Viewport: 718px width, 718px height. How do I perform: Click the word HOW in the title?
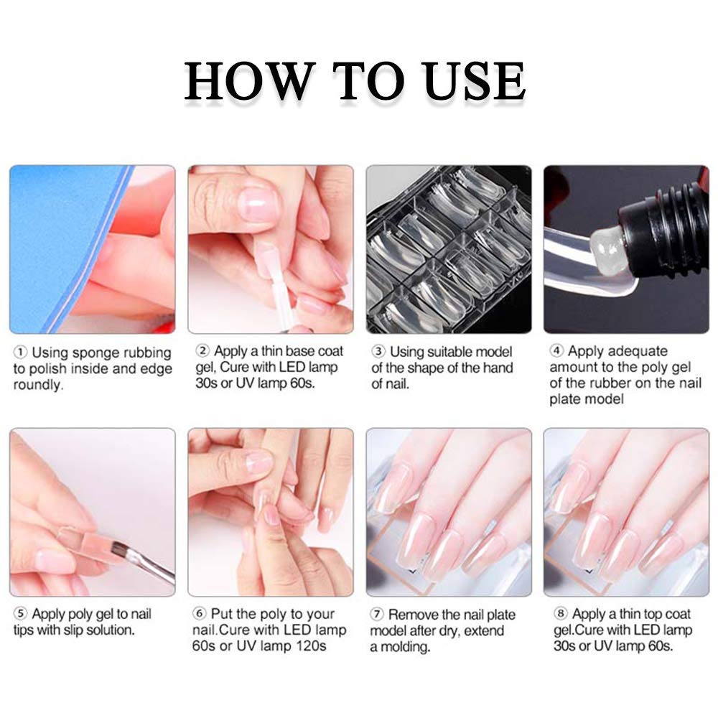(251, 81)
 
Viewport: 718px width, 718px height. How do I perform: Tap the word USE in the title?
(473, 81)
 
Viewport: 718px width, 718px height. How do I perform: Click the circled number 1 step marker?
(20, 353)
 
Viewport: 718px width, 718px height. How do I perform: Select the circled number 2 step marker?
(202, 351)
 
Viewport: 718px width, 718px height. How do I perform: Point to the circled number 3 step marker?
(378, 352)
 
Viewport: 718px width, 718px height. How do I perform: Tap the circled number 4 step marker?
(556, 351)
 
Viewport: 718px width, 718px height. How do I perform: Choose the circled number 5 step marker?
(20, 614)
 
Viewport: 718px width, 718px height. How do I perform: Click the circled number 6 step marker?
(199, 613)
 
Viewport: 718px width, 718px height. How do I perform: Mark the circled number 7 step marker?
(376, 614)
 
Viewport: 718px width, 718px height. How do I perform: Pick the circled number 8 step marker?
(561, 613)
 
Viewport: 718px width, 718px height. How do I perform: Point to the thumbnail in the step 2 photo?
(257, 205)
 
